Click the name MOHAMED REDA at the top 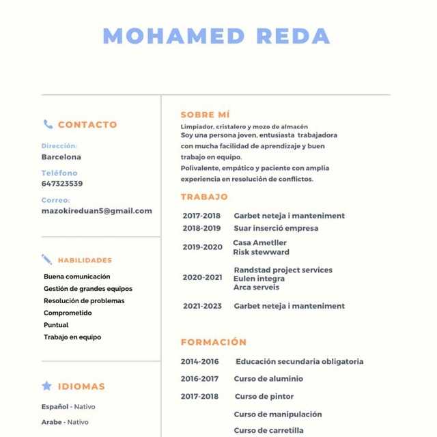(x=216, y=36)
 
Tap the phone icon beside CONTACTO (x=48, y=124)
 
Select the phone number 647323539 (x=62, y=184)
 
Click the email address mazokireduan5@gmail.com (x=96, y=211)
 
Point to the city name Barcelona (x=61, y=157)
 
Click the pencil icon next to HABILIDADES (x=46, y=259)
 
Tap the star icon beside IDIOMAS (x=46, y=386)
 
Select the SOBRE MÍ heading (x=205, y=115)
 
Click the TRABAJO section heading (x=204, y=197)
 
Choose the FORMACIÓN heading (x=213, y=342)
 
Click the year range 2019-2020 (x=202, y=247)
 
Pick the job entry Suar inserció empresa (x=276, y=228)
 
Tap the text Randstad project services (x=283, y=270)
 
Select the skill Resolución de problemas (x=84, y=301)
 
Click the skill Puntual (x=56, y=325)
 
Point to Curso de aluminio (x=268, y=379)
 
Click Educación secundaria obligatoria (x=299, y=362)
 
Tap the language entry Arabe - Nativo (x=65, y=422)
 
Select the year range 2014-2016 (x=199, y=362)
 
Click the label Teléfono (x=59, y=173)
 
